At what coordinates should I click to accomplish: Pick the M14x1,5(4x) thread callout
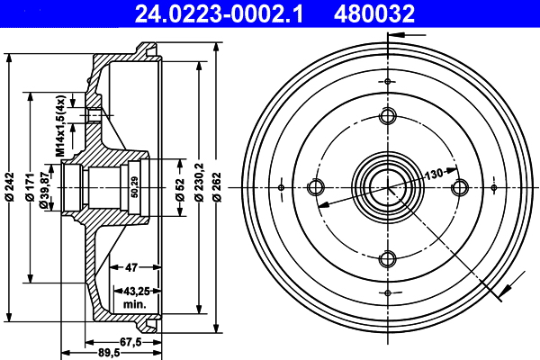point(61,125)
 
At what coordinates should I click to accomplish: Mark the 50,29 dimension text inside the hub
point(135,186)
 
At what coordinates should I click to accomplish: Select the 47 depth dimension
point(130,267)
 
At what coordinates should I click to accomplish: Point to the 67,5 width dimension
point(131,341)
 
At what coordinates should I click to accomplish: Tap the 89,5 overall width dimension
point(110,353)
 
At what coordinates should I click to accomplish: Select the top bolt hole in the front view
point(388,116)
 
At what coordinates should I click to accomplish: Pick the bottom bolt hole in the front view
point(388,260)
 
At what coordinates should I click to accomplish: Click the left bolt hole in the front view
point(316,187)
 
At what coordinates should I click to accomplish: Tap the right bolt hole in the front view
point(460,187)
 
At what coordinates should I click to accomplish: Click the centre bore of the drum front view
point(388,187)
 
